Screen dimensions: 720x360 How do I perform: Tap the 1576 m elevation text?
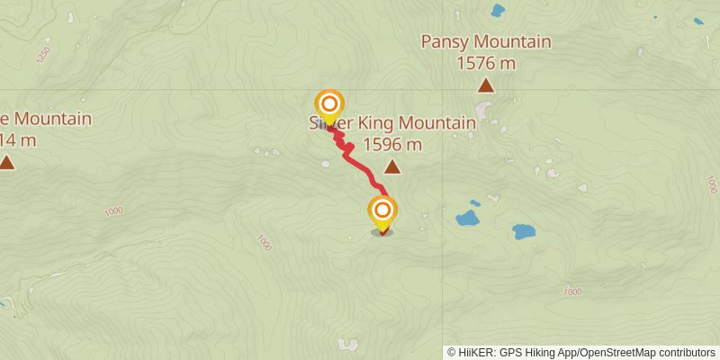tap(486, 63)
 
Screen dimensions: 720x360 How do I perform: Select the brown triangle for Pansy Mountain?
tap(486, 86)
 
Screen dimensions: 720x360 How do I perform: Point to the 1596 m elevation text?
tap(392, 144)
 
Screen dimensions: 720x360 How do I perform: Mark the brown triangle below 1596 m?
tap(392, 166)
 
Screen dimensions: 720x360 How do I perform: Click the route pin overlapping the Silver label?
tap(328, 105)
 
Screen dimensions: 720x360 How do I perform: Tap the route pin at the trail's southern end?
tap(382, 212)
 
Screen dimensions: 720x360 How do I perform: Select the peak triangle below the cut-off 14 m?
tap(7, 163)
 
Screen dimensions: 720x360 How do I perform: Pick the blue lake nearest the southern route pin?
tap(467, 218)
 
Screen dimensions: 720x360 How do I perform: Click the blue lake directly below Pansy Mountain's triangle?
tap(524, 231)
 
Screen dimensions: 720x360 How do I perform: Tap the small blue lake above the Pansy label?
tap(497, 11)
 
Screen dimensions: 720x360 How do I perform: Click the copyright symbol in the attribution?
tap(452, 352)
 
